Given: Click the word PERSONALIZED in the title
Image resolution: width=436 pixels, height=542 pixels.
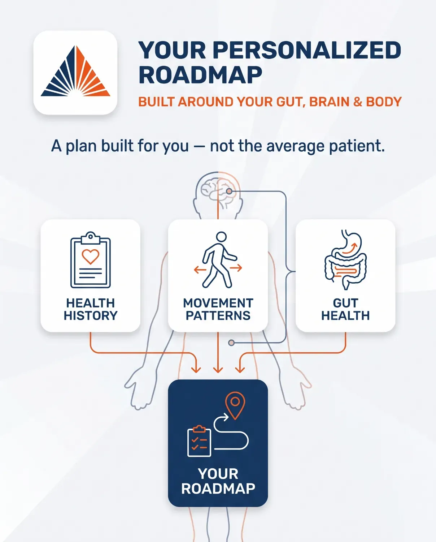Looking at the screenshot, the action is point(307,50).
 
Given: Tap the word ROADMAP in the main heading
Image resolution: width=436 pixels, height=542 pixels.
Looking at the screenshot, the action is point(200,75).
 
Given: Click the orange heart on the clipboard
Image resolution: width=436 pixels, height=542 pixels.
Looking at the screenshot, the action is point(90,257).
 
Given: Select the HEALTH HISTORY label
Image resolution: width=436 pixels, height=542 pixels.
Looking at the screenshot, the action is point(91,309).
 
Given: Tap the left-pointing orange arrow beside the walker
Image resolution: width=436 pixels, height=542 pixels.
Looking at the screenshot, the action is point(200,270).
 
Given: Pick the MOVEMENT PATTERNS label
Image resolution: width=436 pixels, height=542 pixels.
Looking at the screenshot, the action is point(218,309).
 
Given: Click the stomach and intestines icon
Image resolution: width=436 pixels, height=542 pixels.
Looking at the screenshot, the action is point(345,259).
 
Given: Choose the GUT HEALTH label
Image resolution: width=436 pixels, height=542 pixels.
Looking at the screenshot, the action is point(345,309).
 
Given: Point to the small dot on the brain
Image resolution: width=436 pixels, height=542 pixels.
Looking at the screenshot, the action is point(229,191).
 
